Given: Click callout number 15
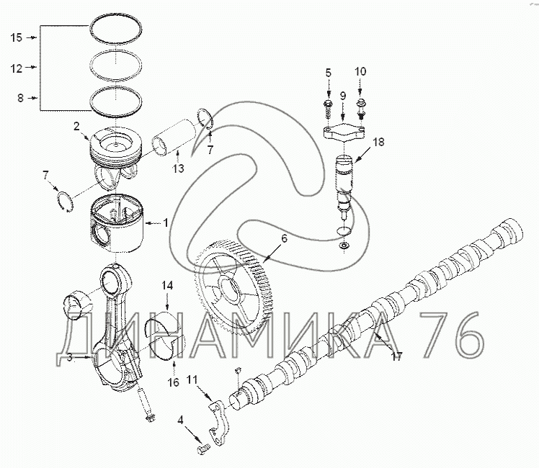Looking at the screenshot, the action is pyautogui.click(x=17, y=37).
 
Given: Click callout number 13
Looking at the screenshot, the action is pyautogui.click(x=178, y=168).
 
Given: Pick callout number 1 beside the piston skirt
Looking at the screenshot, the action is pyautogui.click(x=166, y=222).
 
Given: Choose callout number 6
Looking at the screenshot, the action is pyautogui.click(x=284, y=237).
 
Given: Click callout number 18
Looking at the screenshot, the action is pyautogui.click(x=378, y=143).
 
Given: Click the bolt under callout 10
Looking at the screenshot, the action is pyautogui.click(x=361, y=108).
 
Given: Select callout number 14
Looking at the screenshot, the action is pyautogui.click(x=166, y=286).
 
